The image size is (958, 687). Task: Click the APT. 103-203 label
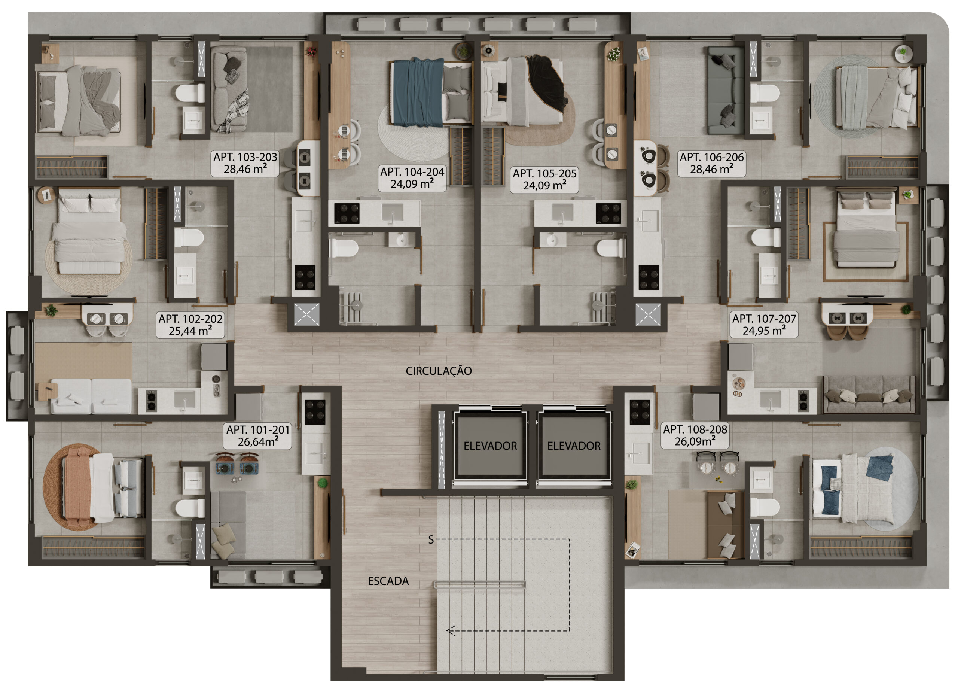point(245,157)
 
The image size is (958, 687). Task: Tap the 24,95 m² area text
point(764,331)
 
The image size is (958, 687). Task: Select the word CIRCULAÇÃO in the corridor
point(439,371)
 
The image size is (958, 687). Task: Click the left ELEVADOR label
point(490,446)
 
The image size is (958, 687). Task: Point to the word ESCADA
point(388,581)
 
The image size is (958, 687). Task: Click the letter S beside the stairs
point(431,539)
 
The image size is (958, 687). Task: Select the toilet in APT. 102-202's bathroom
point(189,238)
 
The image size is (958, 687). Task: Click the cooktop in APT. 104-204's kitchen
point(347,213)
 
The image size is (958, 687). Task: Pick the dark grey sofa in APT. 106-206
point(726,91)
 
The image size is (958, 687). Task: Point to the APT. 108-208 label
point(695,429)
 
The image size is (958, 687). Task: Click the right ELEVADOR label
point(574,446)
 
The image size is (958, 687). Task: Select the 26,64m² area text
point(258,441)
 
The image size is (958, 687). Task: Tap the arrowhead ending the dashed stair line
point(450,631)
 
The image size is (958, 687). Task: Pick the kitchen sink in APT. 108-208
point(640,453)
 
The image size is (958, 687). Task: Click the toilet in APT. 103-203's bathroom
point(190,93)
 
